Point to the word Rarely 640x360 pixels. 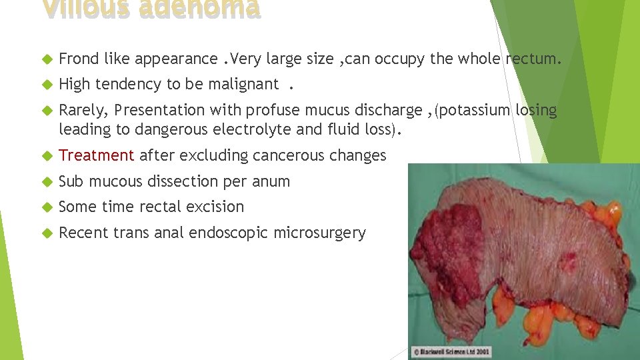pyautogui.click(x=83, y=110)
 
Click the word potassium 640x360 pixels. pyautogui.click(x=476, y=110)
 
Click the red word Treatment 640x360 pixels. pyautogui.click(x=97, y=155)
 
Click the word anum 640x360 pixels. pyautogui.click(x=273, y=181)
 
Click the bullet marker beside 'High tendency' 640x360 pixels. pyautogui.click(x=46, y=85)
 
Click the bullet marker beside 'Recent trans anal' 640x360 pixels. pyautogui.click(x=46, y=233)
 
